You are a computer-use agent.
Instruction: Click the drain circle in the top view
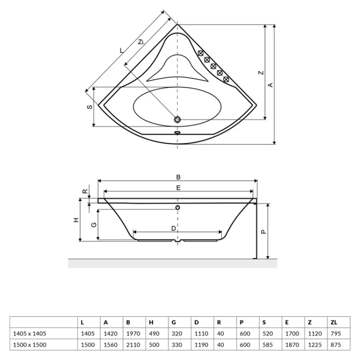pyautogui.click(x=177, y=120)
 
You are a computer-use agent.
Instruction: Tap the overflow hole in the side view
pyautogui.click(x=177, y=207)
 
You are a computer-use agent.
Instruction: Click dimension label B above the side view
pyautogui.click(x=178, y=177)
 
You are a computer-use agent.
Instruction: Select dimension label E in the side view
pyautogui.click(x=178, y=188)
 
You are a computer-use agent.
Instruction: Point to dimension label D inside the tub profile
pyautogui.click(x=174, y=229)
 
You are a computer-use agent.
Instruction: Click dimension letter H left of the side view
pyautogui.click(x=76, y=220)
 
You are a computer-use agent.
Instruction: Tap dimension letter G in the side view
pyautogui.click(x=94, y=225)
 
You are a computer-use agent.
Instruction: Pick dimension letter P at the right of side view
pyautogui.click(x=264, y=232)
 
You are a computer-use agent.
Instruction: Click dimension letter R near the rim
pyautogui.click(x=85, y=191)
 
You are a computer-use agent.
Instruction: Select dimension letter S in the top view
pyautogui.click(x=90, y=107)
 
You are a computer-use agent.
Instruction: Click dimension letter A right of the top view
pyautogui.click(x=271, y=85)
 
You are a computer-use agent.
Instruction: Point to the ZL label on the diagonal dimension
pyautogui.click(x=141, y=42)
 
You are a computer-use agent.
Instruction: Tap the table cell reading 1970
pyautogui.click(x=133, y=333)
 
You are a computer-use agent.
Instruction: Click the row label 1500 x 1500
pyautogui.click(x=30, y=345)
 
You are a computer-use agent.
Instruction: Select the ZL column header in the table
pyautogui.click(x=334, y=322)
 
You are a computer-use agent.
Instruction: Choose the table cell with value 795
pyautogui.click(x=336, y=333)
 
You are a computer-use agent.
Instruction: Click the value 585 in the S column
pyautogui.click(x=267, y=345)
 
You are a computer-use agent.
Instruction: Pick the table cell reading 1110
pyautogui.click(x=201, y=333)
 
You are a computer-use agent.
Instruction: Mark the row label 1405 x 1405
pyautogui.click(x=30, y=333)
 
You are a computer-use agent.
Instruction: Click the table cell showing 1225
pyautogui.click(x=315, y=345)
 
